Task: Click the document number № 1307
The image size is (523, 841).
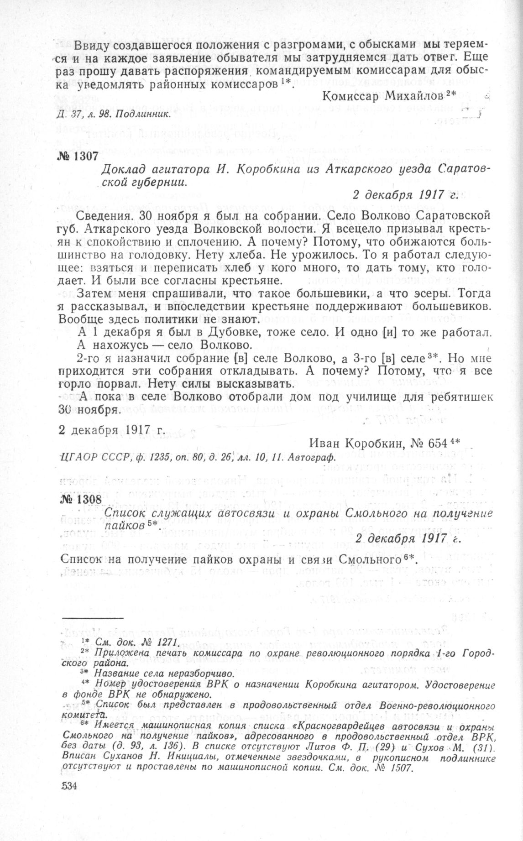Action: [79, 155]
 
